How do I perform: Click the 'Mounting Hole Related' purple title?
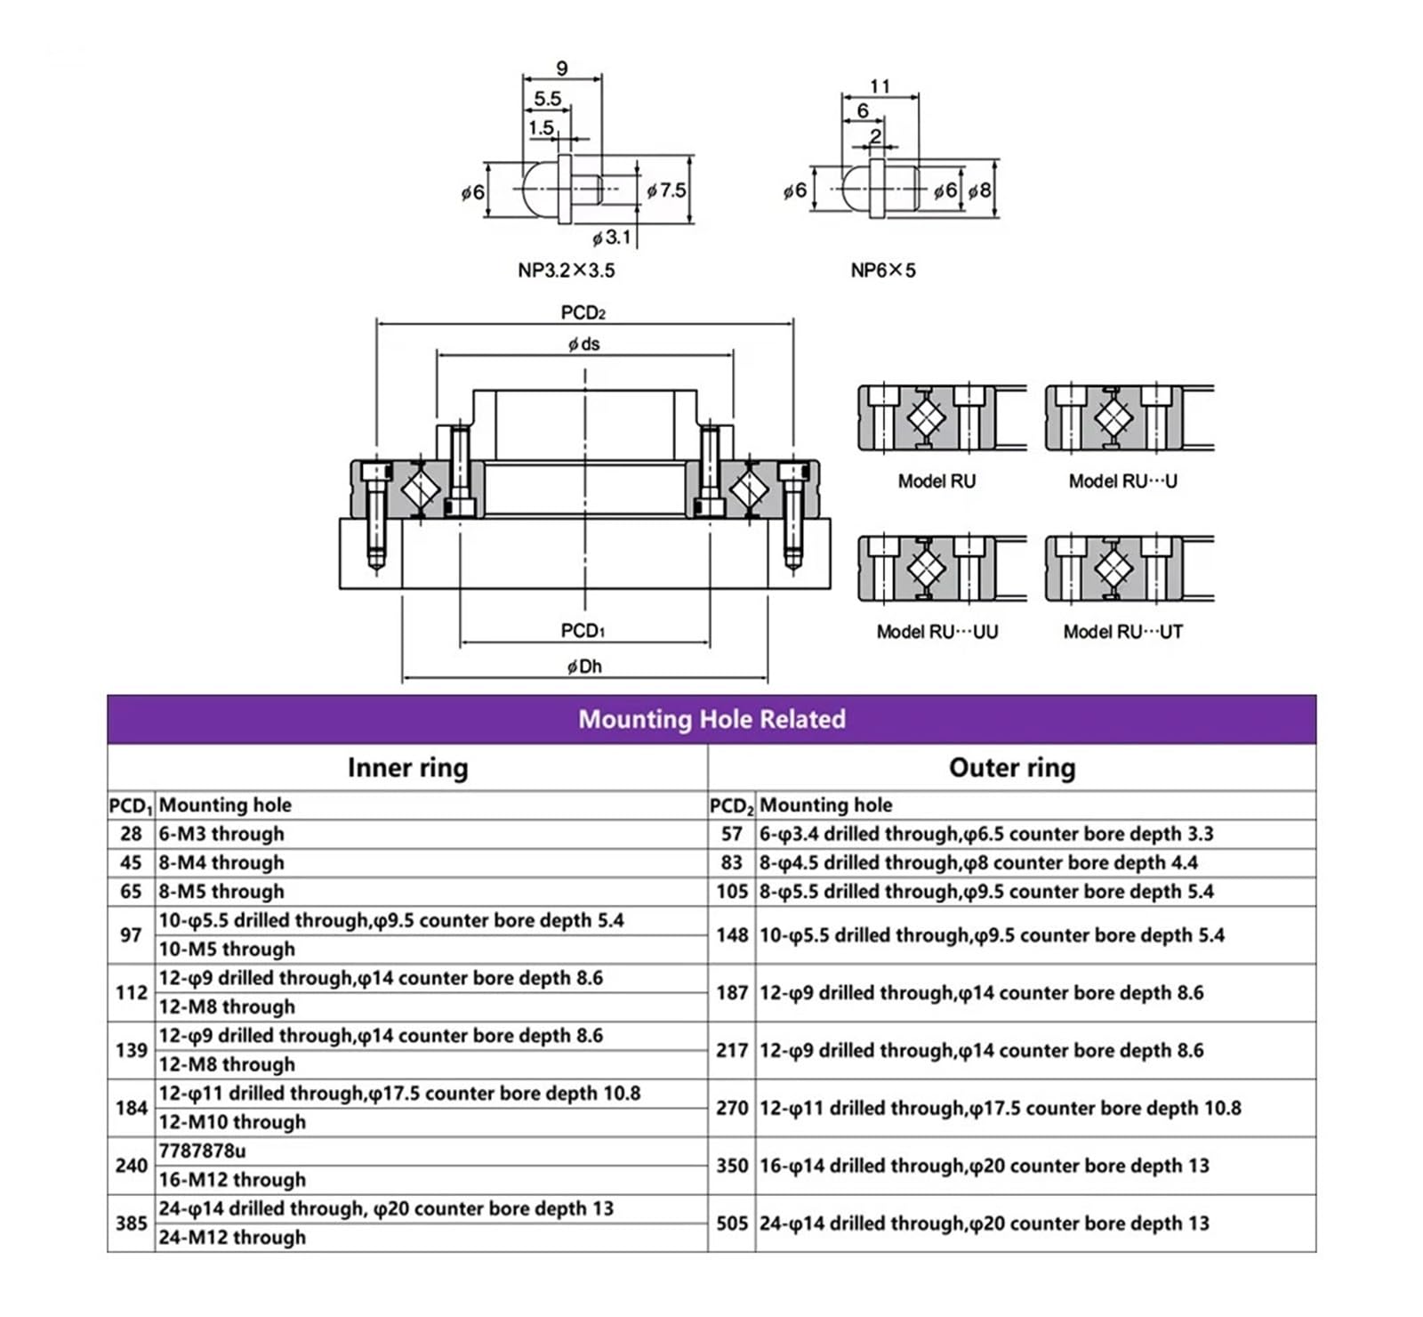click(711, 719)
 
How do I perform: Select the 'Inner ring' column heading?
click(407, 767)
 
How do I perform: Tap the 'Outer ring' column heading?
click(1012, 767)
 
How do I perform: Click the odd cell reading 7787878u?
click(202, 1151)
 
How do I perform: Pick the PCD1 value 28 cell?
click(131, 834)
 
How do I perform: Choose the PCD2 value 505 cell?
click(732, 1224)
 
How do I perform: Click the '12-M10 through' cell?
click(232, 1122)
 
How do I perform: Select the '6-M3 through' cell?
click(221, 834)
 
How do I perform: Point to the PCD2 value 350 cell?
click(732, 1166)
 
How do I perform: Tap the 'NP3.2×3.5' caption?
click(567, 271)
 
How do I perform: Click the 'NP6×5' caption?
click(883, 271)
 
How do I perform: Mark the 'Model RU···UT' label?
click(1123, 632)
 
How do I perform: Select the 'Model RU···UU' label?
click(937, 632)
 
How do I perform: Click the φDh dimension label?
click(584, 667)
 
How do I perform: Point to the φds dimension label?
click(584, 344)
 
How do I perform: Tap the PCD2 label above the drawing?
click(583, 312)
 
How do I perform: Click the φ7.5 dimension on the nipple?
click(666, 190)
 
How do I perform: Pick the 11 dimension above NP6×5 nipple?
click(880, 86)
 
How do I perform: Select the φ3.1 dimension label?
click(612, 238)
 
